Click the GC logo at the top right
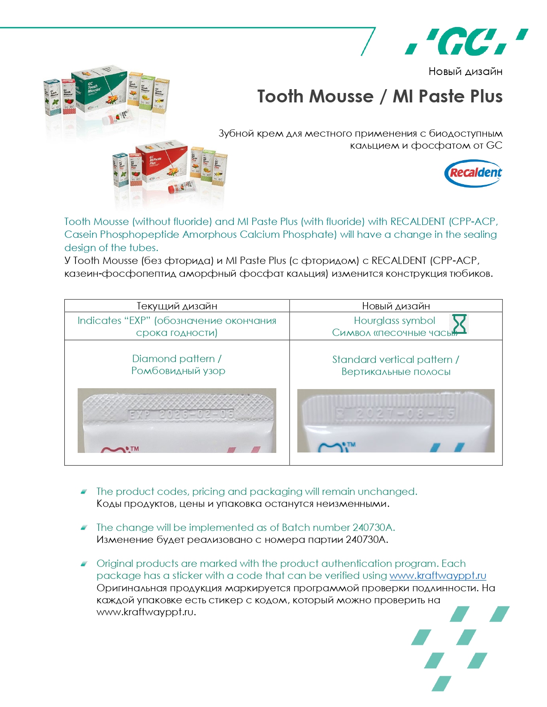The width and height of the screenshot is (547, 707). pos(466,42)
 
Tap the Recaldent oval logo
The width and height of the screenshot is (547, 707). pos(473,173)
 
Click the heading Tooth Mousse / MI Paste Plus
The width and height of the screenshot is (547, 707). pos(380,96)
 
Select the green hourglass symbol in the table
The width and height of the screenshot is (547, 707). pos(459,324)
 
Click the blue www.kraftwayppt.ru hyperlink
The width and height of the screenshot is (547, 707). pos(438,575)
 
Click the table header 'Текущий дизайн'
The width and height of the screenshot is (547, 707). pos(177,306)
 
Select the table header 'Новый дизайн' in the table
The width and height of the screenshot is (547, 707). pos(396,306)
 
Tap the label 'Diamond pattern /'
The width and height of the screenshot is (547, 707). pos(177,359)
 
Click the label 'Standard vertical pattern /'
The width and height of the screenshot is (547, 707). pos(396,359)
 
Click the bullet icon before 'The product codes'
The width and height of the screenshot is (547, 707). pos(84,491)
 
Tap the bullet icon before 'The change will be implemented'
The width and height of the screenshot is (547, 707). pos(84,527)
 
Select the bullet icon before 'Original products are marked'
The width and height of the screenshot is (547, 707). pos(84,563)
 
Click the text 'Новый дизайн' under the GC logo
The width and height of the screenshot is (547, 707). pos(465,72)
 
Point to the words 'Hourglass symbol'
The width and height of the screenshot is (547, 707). pos(394,321)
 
